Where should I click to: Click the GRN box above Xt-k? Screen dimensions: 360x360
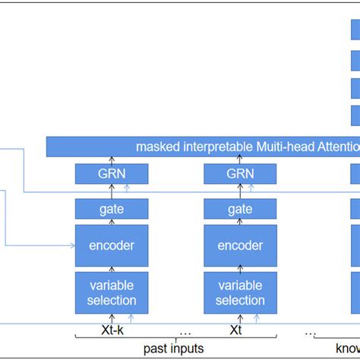tap(112, 174)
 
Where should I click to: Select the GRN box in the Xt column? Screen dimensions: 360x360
tap(240, 174)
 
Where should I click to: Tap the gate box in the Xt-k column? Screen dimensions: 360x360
tap(112, 208)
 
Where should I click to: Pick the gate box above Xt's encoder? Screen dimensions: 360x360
tap(240, 208)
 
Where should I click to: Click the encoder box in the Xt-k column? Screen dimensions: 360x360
tap(112, 245)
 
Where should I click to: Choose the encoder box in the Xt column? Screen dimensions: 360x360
tap(240, 245)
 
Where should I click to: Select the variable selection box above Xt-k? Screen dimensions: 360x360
tap(112, 292)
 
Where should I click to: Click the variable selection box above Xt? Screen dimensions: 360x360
tap(240, 292)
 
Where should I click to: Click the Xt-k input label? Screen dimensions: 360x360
tap(112, 331)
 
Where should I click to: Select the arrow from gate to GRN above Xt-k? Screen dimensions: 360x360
tap(112, 191)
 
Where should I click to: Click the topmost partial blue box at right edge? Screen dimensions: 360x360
tap(355, 30)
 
